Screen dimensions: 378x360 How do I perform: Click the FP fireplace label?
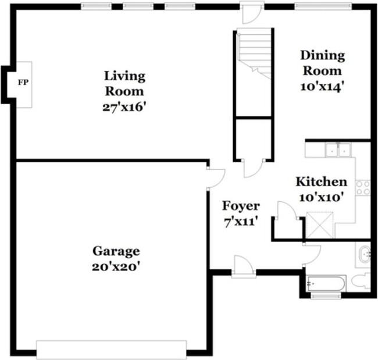coord(23,83)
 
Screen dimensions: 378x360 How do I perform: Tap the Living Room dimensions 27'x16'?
coord(124,107)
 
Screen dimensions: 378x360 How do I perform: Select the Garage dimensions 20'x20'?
coord(116,267)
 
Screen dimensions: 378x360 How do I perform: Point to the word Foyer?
coord(241,206)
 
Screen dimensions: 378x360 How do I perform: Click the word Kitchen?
coord(322,182)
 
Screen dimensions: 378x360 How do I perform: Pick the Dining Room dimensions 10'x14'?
coord(322,87)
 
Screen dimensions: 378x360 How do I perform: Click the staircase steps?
coord(255,54)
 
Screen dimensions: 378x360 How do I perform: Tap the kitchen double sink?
coord(338,150)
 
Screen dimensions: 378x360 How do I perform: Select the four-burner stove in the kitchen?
coord(363,188)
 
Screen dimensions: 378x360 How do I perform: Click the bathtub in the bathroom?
coord(327,283)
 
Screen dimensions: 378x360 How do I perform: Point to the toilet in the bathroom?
coord(361,280)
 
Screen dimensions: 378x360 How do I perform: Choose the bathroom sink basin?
coord(364,255)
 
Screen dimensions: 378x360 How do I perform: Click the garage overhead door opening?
coord(112,350)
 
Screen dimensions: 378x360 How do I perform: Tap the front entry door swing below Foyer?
coord(244,267)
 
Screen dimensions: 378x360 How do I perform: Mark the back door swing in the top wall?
coord(252,13)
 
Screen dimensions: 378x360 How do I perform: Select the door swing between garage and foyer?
coord(216,178)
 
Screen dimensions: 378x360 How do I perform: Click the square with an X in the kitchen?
coord(320,225)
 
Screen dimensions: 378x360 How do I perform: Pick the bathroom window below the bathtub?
coord(326,295)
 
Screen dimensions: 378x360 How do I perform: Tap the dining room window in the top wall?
coord(323,6)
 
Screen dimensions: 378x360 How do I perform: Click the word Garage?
coord(116,251)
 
